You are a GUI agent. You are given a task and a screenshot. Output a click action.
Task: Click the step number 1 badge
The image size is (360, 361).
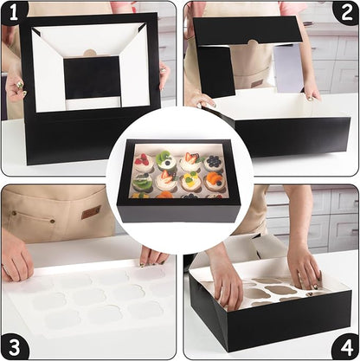click(x=13, y=13)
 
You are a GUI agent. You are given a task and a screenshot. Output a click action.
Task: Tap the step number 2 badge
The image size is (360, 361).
click(x=346, y=13)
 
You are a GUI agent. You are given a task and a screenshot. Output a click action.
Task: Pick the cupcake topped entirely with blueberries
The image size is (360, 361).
click(x=214, y=163)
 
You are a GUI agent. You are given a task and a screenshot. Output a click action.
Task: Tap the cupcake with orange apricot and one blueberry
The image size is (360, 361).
click(x=214, y=182)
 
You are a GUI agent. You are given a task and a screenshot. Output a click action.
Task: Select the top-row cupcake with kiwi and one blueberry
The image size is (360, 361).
click(x=166, y=160)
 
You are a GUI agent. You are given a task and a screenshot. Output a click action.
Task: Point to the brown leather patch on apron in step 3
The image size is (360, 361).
click(x=91, y=212)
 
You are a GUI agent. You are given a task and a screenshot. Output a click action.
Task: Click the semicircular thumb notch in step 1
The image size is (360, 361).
click(x=90, y=53)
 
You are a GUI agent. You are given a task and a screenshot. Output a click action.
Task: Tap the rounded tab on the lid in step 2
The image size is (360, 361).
click(x=253, y=42)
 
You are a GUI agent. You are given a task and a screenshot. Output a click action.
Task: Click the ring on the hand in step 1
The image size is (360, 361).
click(x=20, y=85)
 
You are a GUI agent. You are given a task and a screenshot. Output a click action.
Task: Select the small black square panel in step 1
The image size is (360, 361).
click(x=92, y=77)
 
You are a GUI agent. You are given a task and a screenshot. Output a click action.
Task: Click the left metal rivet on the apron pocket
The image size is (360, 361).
click(x=14, y=213)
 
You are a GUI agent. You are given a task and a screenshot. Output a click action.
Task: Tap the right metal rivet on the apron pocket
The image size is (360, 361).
click(x=52, y=222)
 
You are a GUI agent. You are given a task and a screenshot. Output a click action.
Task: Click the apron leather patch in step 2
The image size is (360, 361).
click(x=256, y=83)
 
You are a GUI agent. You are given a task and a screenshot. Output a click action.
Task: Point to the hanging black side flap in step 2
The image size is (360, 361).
click(x=216, y=71)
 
